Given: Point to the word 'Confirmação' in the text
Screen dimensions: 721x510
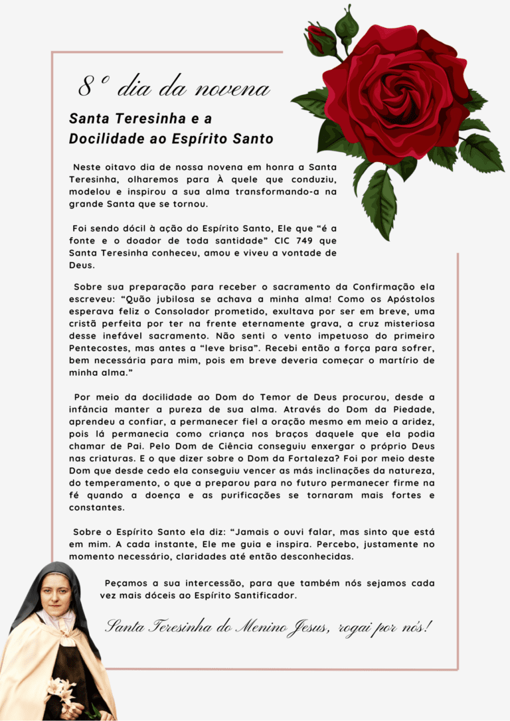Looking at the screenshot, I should (381, 287).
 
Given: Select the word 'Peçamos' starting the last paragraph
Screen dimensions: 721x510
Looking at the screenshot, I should (126, 584).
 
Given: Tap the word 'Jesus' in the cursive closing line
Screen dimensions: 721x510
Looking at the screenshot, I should (301, 627).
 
